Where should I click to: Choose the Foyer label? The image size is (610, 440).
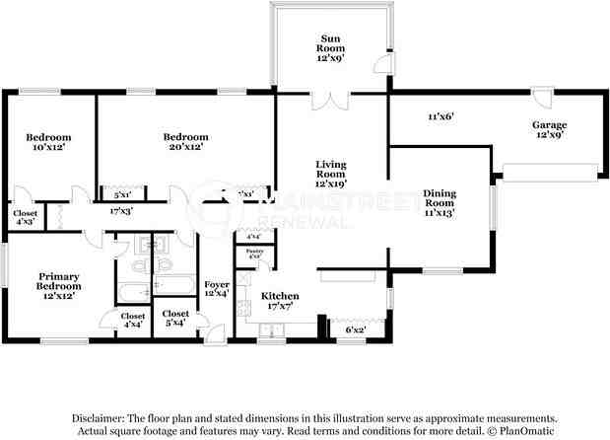coord(217,289)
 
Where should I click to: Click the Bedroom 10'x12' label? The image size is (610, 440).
coord(45,141)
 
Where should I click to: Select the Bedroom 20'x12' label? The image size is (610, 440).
coord(185,141)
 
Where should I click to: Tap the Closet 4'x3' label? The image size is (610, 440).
coord(25,217)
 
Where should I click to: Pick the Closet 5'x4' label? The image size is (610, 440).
coord(177,318)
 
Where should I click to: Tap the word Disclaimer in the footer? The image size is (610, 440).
coord(102,418)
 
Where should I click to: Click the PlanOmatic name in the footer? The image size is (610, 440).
coord(528,431)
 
